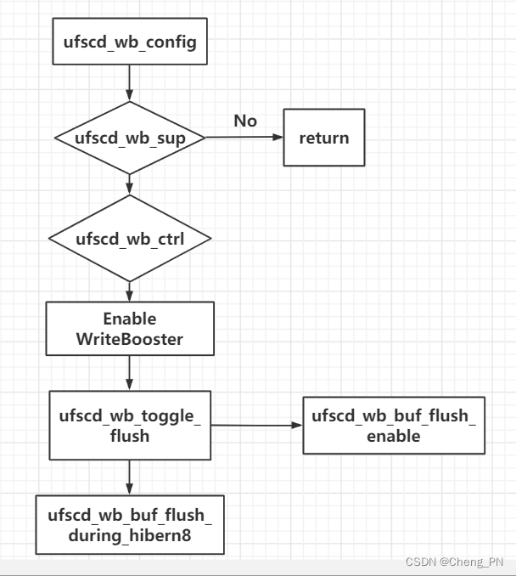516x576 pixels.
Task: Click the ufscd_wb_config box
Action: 129,41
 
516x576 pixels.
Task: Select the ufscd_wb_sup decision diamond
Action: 129,138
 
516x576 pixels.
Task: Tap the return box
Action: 323,138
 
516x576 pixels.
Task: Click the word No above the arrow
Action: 245,121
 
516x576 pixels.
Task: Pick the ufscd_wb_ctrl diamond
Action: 129,239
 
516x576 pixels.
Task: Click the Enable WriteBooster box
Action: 129,330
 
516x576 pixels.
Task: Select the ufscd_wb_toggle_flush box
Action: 129,425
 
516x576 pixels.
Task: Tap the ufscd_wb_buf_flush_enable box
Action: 394,425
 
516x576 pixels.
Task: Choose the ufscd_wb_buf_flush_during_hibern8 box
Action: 129,524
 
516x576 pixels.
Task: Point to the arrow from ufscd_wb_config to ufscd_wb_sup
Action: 129,83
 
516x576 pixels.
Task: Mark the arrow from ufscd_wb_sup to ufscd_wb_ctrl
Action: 129,184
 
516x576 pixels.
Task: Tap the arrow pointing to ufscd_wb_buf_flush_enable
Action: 256,425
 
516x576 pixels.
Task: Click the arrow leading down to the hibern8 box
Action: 129,477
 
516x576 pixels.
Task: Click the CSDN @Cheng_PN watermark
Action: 454,562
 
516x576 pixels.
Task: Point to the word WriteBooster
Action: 129,340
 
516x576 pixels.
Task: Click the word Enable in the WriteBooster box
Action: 129,319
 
